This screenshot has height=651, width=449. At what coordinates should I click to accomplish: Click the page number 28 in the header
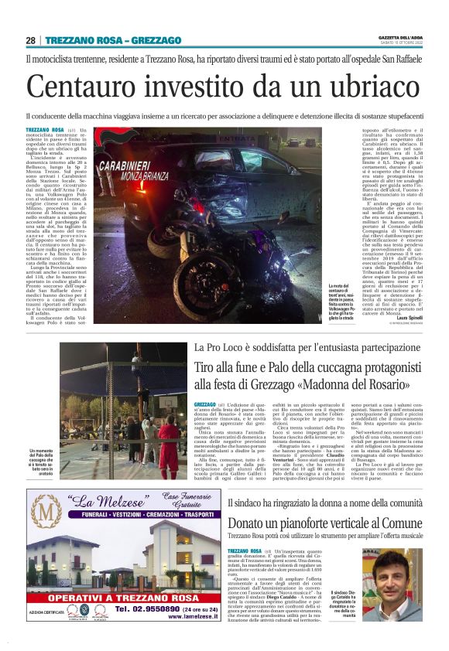click(x=30, y=40)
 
